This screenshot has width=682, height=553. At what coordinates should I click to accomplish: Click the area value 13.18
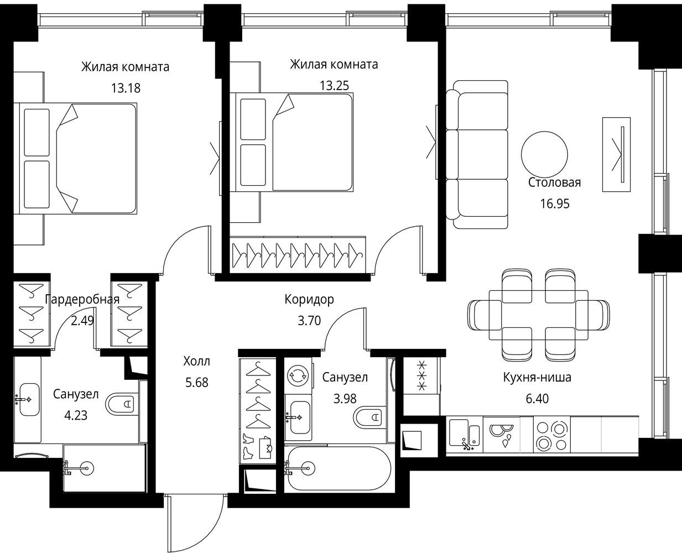(x=126, y=88)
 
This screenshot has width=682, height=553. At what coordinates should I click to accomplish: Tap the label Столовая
(x=554, y=182)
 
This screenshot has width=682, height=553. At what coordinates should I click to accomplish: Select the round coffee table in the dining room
(x=544, y=155)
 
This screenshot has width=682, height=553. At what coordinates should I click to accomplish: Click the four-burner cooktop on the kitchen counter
(x=551, y=435)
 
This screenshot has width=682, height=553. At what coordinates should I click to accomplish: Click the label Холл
(x=196, y=361)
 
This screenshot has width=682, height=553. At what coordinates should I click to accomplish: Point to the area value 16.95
(x=555, y=204)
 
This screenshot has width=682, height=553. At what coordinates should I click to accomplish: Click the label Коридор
(x=309, y=299)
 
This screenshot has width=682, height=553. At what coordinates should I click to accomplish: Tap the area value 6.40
(x=537, y=398)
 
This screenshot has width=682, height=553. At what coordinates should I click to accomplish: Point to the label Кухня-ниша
(x=537, y=377)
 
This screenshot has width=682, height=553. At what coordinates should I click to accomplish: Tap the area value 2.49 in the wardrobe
(x=82, y=320)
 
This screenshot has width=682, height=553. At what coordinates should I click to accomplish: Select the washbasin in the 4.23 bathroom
(x=29, y=399)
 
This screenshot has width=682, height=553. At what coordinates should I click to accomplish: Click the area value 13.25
(x=334, y=86)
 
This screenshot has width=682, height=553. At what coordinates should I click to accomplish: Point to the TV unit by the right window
(x=616, y=155)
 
